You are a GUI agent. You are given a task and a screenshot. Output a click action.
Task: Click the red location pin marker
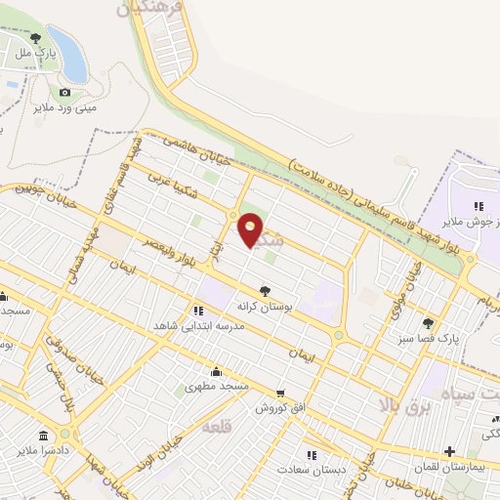pyautogui.click(x=251, y=230)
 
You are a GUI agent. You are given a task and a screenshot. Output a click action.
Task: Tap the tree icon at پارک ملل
pyautogui.click(x=36, y=38)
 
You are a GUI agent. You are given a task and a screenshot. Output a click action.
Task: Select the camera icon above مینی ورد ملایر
pyautogui.click(x=65, y=92)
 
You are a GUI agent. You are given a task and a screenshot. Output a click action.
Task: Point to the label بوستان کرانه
pyautogui.click(x=265, y=306)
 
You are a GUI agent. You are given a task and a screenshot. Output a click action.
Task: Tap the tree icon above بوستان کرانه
pyautogui.click(x=265, y=290)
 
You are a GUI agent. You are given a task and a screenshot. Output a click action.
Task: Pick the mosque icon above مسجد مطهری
pyautogui.click(x=216, y=371)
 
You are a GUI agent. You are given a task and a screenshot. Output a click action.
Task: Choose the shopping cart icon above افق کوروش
pyautogui.click(x=281, y=393)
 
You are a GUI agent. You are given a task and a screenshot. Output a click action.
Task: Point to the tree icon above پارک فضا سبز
pyautogui.click(x=427, y=322)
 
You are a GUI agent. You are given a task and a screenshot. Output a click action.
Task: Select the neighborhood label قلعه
pyautogui.click(x=216, y=427)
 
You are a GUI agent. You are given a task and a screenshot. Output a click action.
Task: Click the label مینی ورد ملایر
pyautogui.click(x=65, y=107)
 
